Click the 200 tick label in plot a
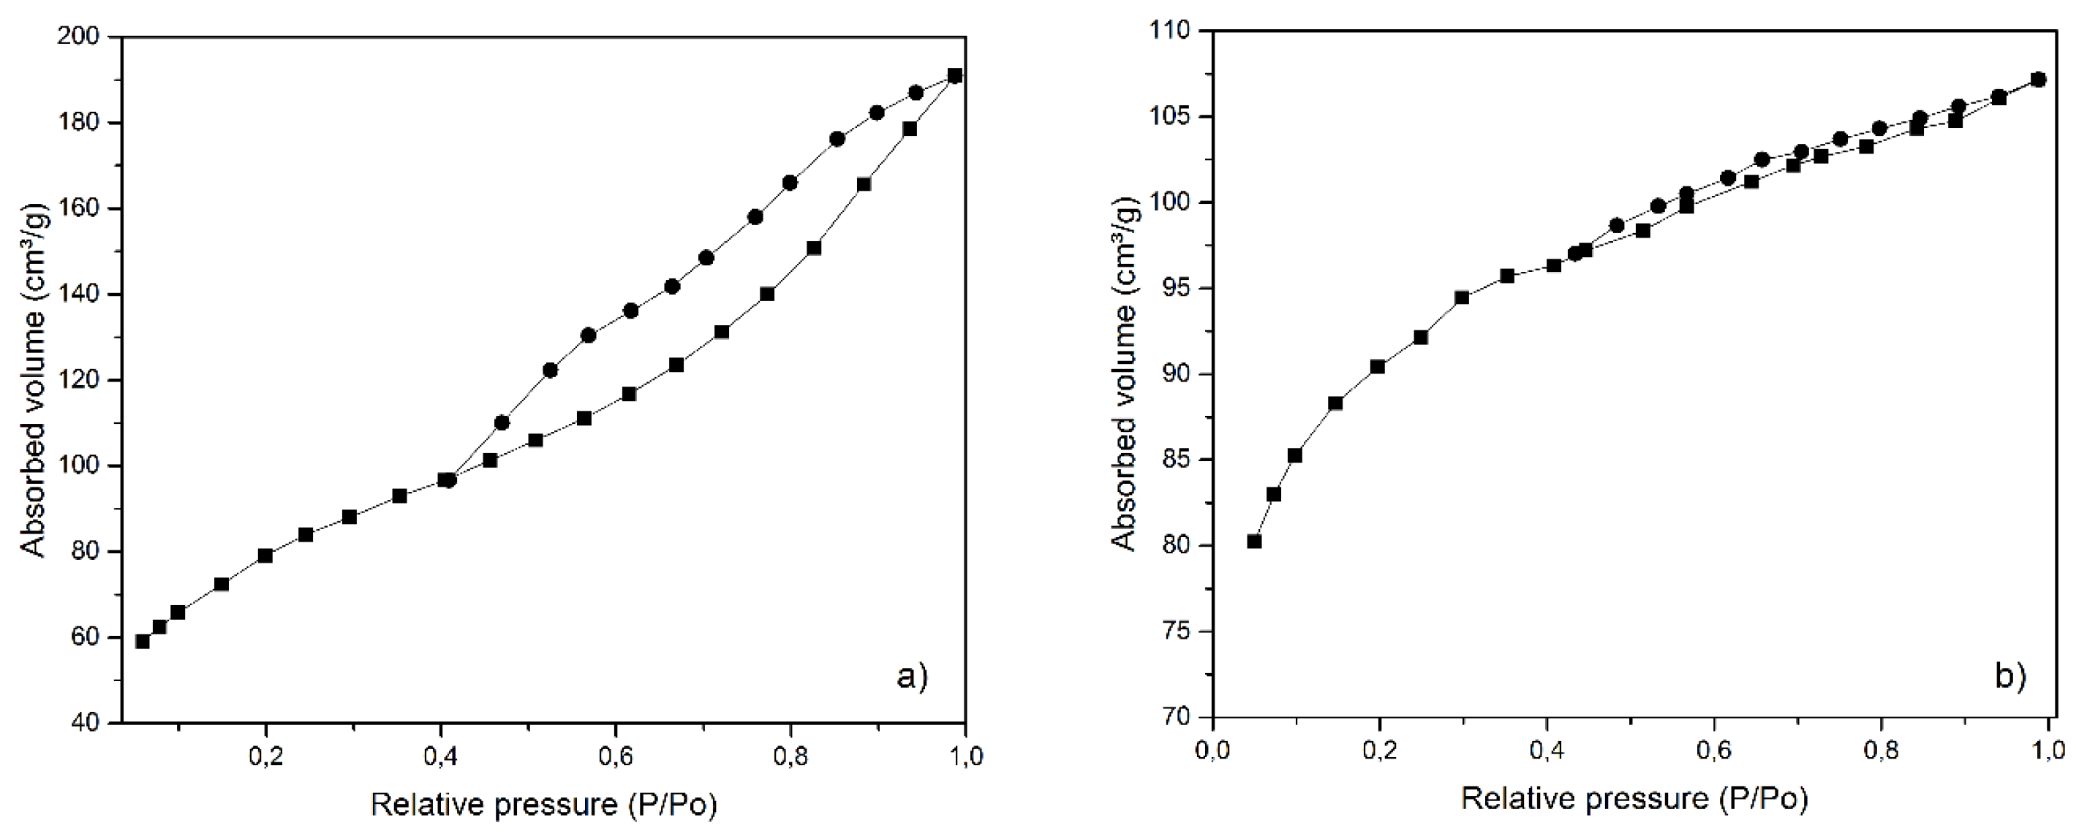(78, 37)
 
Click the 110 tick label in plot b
(1169, 31)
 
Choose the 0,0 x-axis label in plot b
(1212, 751)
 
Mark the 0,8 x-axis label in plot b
(1880, 751)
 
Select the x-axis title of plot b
(1634, 799)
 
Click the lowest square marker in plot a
(143, 642)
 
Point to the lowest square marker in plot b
(1254, 541)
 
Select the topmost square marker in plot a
(954, 76)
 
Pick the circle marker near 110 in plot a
(502, 422)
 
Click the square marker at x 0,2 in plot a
(265, 555)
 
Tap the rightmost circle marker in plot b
(2039, 80)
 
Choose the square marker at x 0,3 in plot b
(1462, 297)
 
